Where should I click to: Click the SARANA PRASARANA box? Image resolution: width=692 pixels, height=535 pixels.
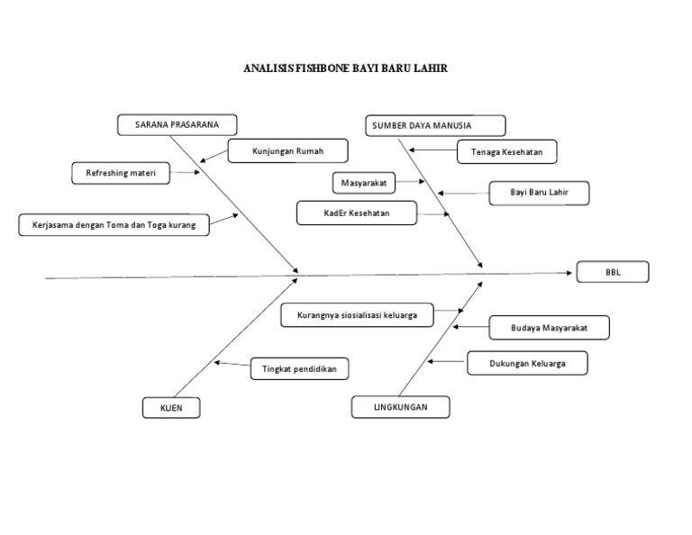177,124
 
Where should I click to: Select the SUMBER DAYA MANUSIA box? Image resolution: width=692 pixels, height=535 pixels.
436,125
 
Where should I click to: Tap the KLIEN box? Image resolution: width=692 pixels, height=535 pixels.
170,409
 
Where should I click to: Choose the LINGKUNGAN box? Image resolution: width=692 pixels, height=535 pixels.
400,407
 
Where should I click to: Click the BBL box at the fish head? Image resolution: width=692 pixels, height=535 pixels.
613,271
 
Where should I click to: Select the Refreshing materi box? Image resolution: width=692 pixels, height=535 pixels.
121,173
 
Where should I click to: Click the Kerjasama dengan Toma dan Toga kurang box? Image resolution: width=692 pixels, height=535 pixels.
114,224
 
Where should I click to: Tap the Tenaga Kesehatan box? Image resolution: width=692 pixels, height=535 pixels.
506,152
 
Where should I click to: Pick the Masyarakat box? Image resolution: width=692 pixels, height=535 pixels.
363,183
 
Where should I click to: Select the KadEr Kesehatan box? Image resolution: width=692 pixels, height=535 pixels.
356,213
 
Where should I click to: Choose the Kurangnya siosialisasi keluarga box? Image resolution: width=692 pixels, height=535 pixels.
357,315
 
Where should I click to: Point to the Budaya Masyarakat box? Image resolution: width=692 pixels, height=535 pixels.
549,328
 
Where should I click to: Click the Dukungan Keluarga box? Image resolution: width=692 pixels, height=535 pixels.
527,363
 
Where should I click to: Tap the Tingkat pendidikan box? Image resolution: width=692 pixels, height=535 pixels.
298,368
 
